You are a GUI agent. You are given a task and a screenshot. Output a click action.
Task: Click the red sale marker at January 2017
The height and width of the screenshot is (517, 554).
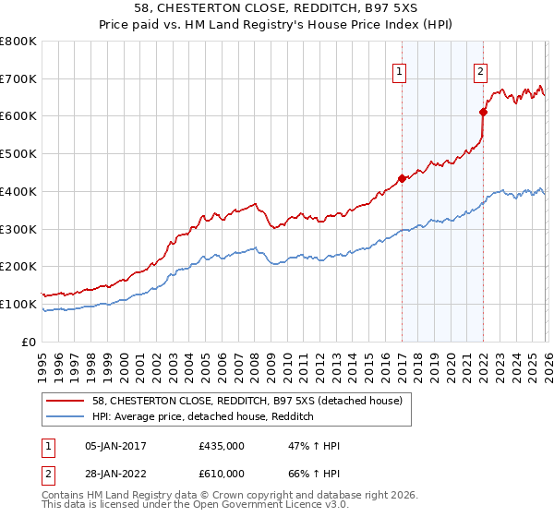point(402,178)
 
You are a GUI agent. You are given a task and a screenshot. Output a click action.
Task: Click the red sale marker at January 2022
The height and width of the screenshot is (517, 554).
point(483,112)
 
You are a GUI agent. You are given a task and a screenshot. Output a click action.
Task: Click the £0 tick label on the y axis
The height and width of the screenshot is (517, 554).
point(29,342)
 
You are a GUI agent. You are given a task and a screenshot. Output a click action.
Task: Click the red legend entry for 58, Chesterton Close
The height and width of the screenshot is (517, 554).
point(247,402)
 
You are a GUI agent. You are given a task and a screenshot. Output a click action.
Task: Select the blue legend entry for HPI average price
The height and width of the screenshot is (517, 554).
point(203,417)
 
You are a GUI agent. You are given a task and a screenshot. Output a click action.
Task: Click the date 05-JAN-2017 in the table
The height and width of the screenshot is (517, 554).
point(115,446)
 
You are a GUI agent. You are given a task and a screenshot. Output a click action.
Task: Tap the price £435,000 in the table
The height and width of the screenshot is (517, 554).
point(222,446)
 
